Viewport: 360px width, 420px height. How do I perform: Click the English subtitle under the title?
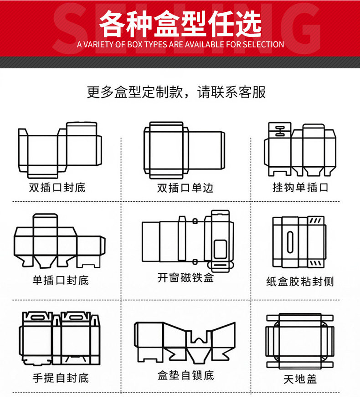pyautogui.click(x=180, y=45)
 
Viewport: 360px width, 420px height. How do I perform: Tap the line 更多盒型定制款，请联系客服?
pyautogui.click(x=176, y=92)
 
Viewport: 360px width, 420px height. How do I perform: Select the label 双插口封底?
pyautogui.click(x=57, y=187)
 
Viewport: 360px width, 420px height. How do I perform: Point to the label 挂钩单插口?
pyautogui.click(x=300, y=187)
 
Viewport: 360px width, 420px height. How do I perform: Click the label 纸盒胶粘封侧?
pyautogui.click(x=300, y=282)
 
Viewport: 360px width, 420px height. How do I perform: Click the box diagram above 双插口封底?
pyautogui.click(x=60, y=150)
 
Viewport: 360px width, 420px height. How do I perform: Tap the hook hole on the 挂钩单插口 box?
pyautogui.click(x=278, y=131)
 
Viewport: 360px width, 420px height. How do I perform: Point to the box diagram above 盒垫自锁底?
pyautogui.click(x=185, y=342)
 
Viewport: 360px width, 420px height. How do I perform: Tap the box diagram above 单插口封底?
pyautogui.click(x=59, y=241)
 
